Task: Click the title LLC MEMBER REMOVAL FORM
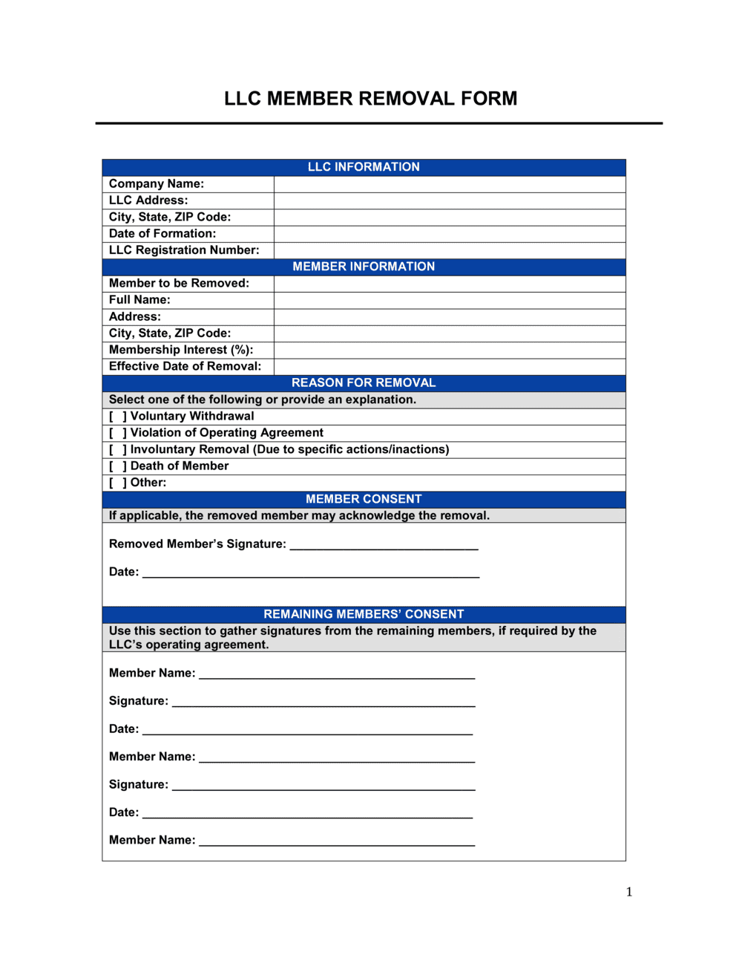(370, 99)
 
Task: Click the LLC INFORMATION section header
(364, 167)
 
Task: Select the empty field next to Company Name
(449, 184)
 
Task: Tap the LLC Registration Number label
(184, 250)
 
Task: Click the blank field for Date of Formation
(449, 234)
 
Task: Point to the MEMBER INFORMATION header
(364, 267)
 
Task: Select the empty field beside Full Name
(449, 300)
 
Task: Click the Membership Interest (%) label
(181, 350)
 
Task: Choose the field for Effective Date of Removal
(449, 366)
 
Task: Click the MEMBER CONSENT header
(364, 499)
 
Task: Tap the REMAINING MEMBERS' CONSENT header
(364, 614)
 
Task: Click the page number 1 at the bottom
(629, 892)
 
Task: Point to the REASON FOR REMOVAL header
(364, 383)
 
